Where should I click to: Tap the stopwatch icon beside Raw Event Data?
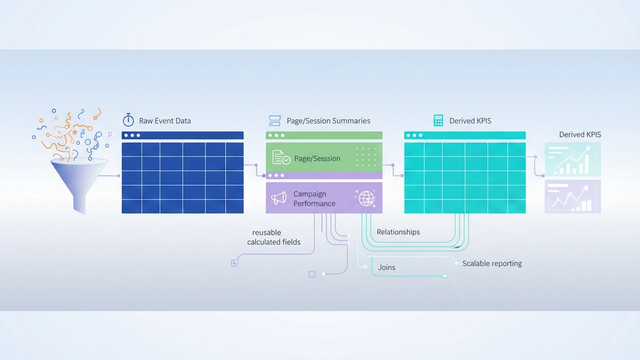tap(128, 120)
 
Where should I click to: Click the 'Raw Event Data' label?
tap(165, 121)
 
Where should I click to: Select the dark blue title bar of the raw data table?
tap(182, 135)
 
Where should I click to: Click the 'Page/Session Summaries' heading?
tap(328, 121)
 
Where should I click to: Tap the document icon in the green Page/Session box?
tap(280, 158)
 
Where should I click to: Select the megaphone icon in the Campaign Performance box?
tap(279, 197)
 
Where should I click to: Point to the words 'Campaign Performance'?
tap(312, 197)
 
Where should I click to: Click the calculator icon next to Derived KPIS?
tap(438, 120)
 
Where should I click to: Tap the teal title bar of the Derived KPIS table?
tap(465, 135)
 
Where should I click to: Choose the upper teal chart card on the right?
tap(571, 160)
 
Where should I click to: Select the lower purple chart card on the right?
tap(571, 197)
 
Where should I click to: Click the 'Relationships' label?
tap(398, 232)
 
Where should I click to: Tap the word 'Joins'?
tap(388, 267)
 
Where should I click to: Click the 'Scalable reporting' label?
tap(492, 264)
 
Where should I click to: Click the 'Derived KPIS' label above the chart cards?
tap(581, 134)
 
